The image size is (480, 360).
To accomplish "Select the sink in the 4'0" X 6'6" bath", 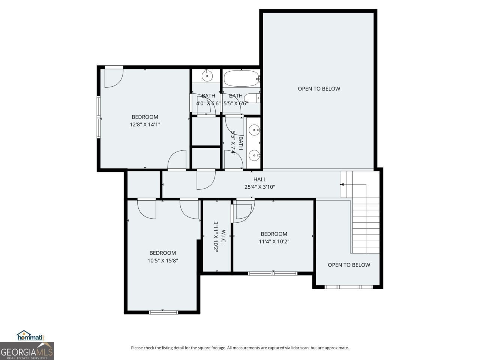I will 207,76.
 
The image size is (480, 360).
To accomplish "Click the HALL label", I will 259,180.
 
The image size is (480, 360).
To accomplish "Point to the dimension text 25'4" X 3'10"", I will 259,187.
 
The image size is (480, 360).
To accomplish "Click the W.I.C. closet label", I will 223,236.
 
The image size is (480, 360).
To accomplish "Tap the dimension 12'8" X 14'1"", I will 145,124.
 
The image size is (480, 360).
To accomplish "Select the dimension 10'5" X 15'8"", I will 162,260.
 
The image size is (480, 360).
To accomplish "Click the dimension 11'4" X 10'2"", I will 274,241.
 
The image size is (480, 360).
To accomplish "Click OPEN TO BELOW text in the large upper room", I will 319,89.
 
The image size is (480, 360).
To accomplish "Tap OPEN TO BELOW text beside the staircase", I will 349,265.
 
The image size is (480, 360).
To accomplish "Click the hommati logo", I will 31,336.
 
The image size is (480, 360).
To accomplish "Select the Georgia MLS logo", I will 27,351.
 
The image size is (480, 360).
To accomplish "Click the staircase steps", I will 366,225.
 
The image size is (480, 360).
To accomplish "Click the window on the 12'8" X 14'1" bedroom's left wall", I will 99,118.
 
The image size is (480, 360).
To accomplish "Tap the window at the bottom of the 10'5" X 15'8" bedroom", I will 163,312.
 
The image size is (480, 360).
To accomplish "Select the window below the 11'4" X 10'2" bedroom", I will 273,273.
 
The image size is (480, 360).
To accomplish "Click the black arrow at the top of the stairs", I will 341,184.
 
